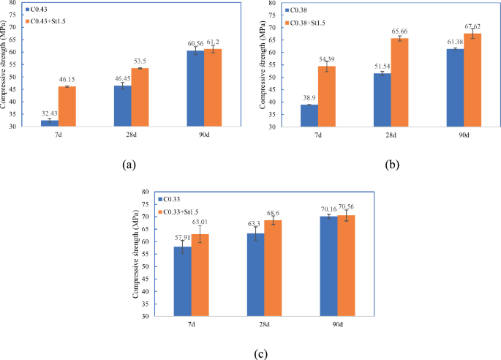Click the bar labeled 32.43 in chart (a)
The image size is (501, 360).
point(50,123)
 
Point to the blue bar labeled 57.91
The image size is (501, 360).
point(182,282)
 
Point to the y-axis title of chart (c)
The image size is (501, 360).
point(137,254)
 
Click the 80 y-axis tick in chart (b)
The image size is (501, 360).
point(273,3)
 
